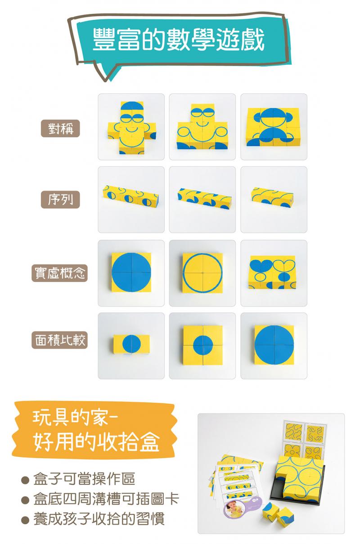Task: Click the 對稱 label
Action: coord(60,128)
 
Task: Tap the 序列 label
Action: coord(60,200)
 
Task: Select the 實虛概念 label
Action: coord(59,273)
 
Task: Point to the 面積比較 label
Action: coord(59,340)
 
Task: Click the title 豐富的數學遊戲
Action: coord(179,40)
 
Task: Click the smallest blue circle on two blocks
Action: coord(131,344)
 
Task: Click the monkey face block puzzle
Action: coord(273,127)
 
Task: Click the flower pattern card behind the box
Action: coord(292,450)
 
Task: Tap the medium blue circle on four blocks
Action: coord(203,345)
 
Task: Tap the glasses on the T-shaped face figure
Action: coord(202,113)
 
